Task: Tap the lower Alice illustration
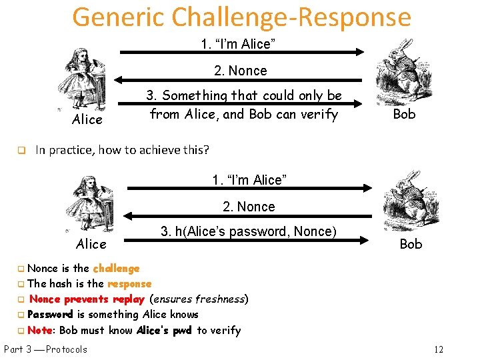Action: tap(90, 203)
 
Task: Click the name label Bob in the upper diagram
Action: tap(404, 114)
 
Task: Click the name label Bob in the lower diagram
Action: tap(411, 244)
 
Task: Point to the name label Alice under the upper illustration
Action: tap(87, 119)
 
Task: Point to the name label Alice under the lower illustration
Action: tap(91, 244)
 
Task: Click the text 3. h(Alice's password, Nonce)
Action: tap(248, 231)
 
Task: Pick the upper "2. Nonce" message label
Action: tap(240, 71)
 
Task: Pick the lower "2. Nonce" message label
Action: tap(248, 207)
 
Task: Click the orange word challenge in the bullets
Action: tap(116, 268)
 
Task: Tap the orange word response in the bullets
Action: tap(129, 283)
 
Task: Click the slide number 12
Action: tap(438, 349)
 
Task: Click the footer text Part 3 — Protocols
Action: tap(45, 349)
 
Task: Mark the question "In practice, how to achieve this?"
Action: tap(122, 150)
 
